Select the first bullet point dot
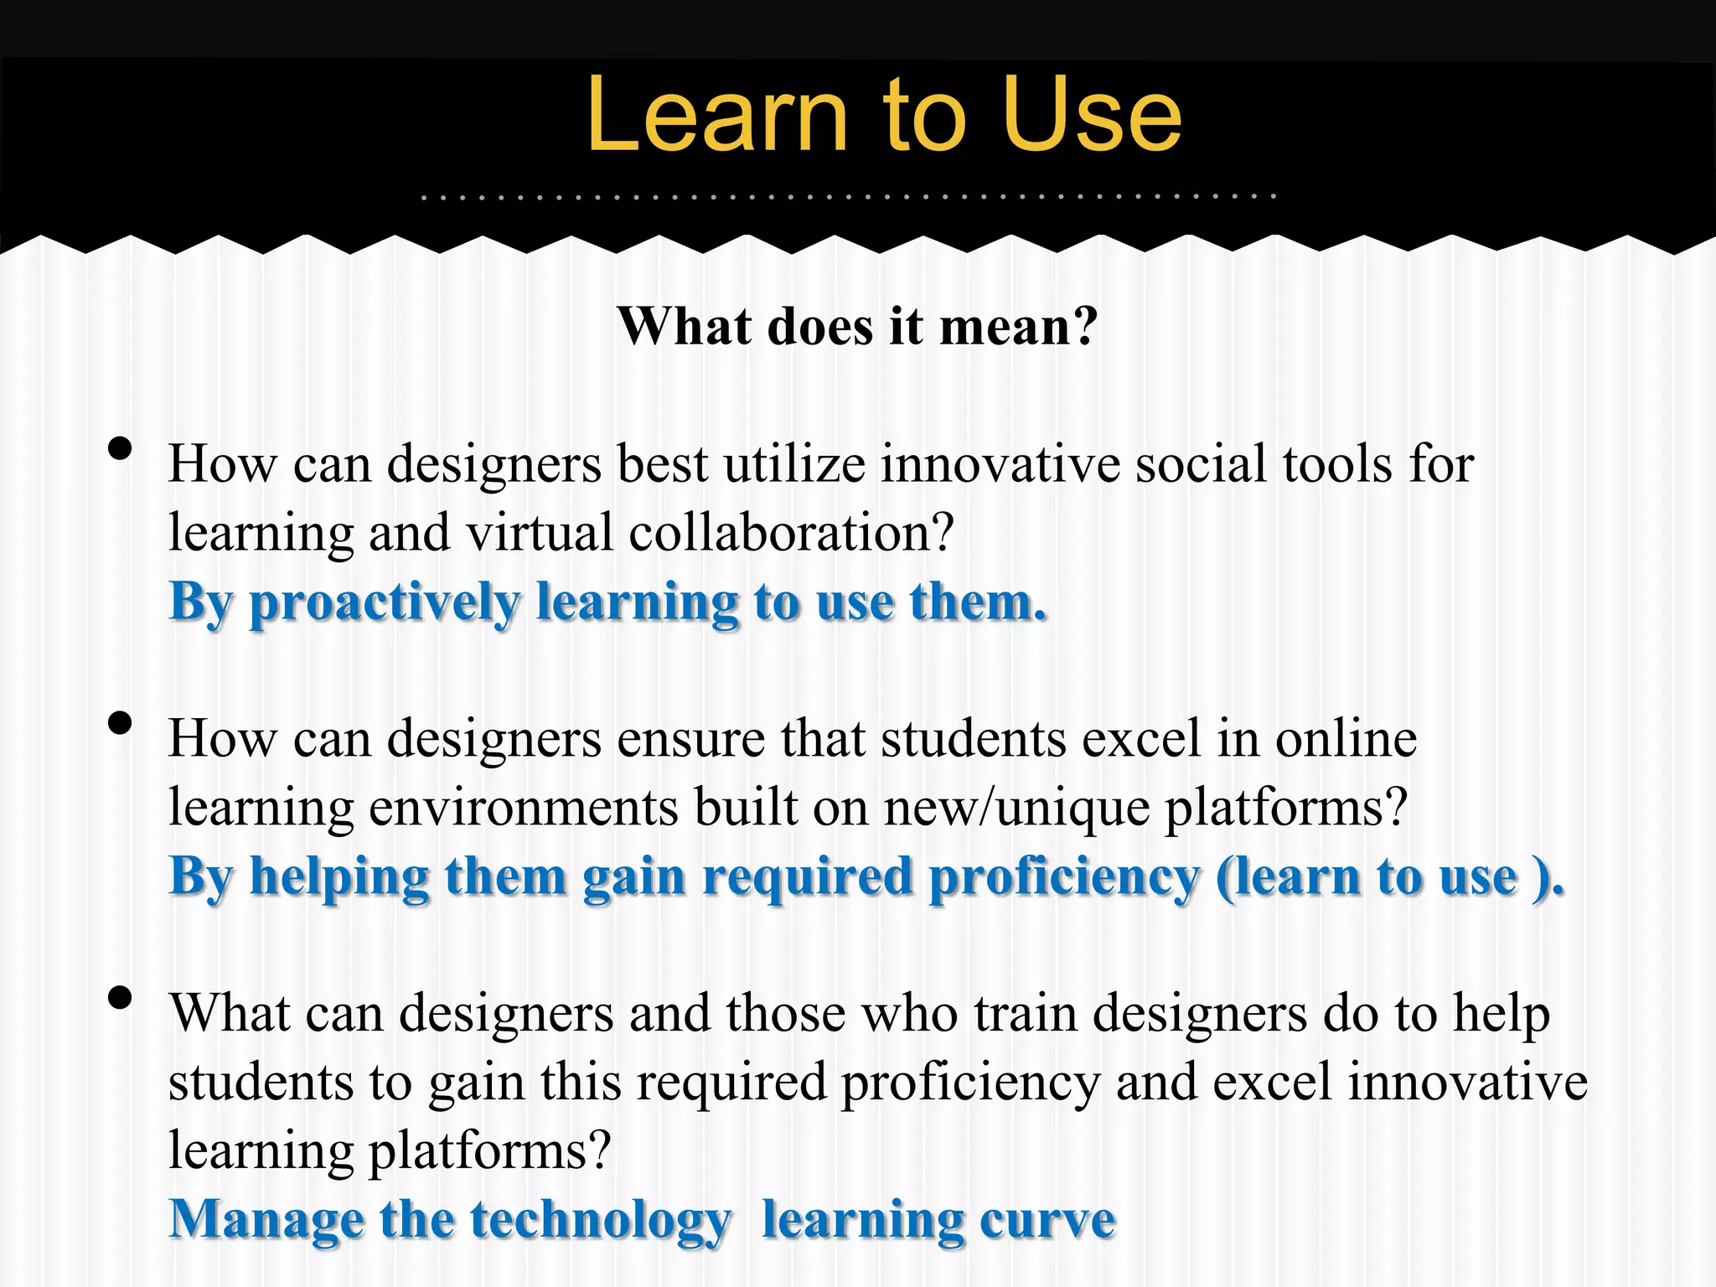[120, 448]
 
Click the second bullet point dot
[120, 722]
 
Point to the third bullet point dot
[120, 997]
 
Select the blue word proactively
[385, 603]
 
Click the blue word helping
[340, 878]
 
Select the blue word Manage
[266, 1220]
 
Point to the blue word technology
[601, 1220]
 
